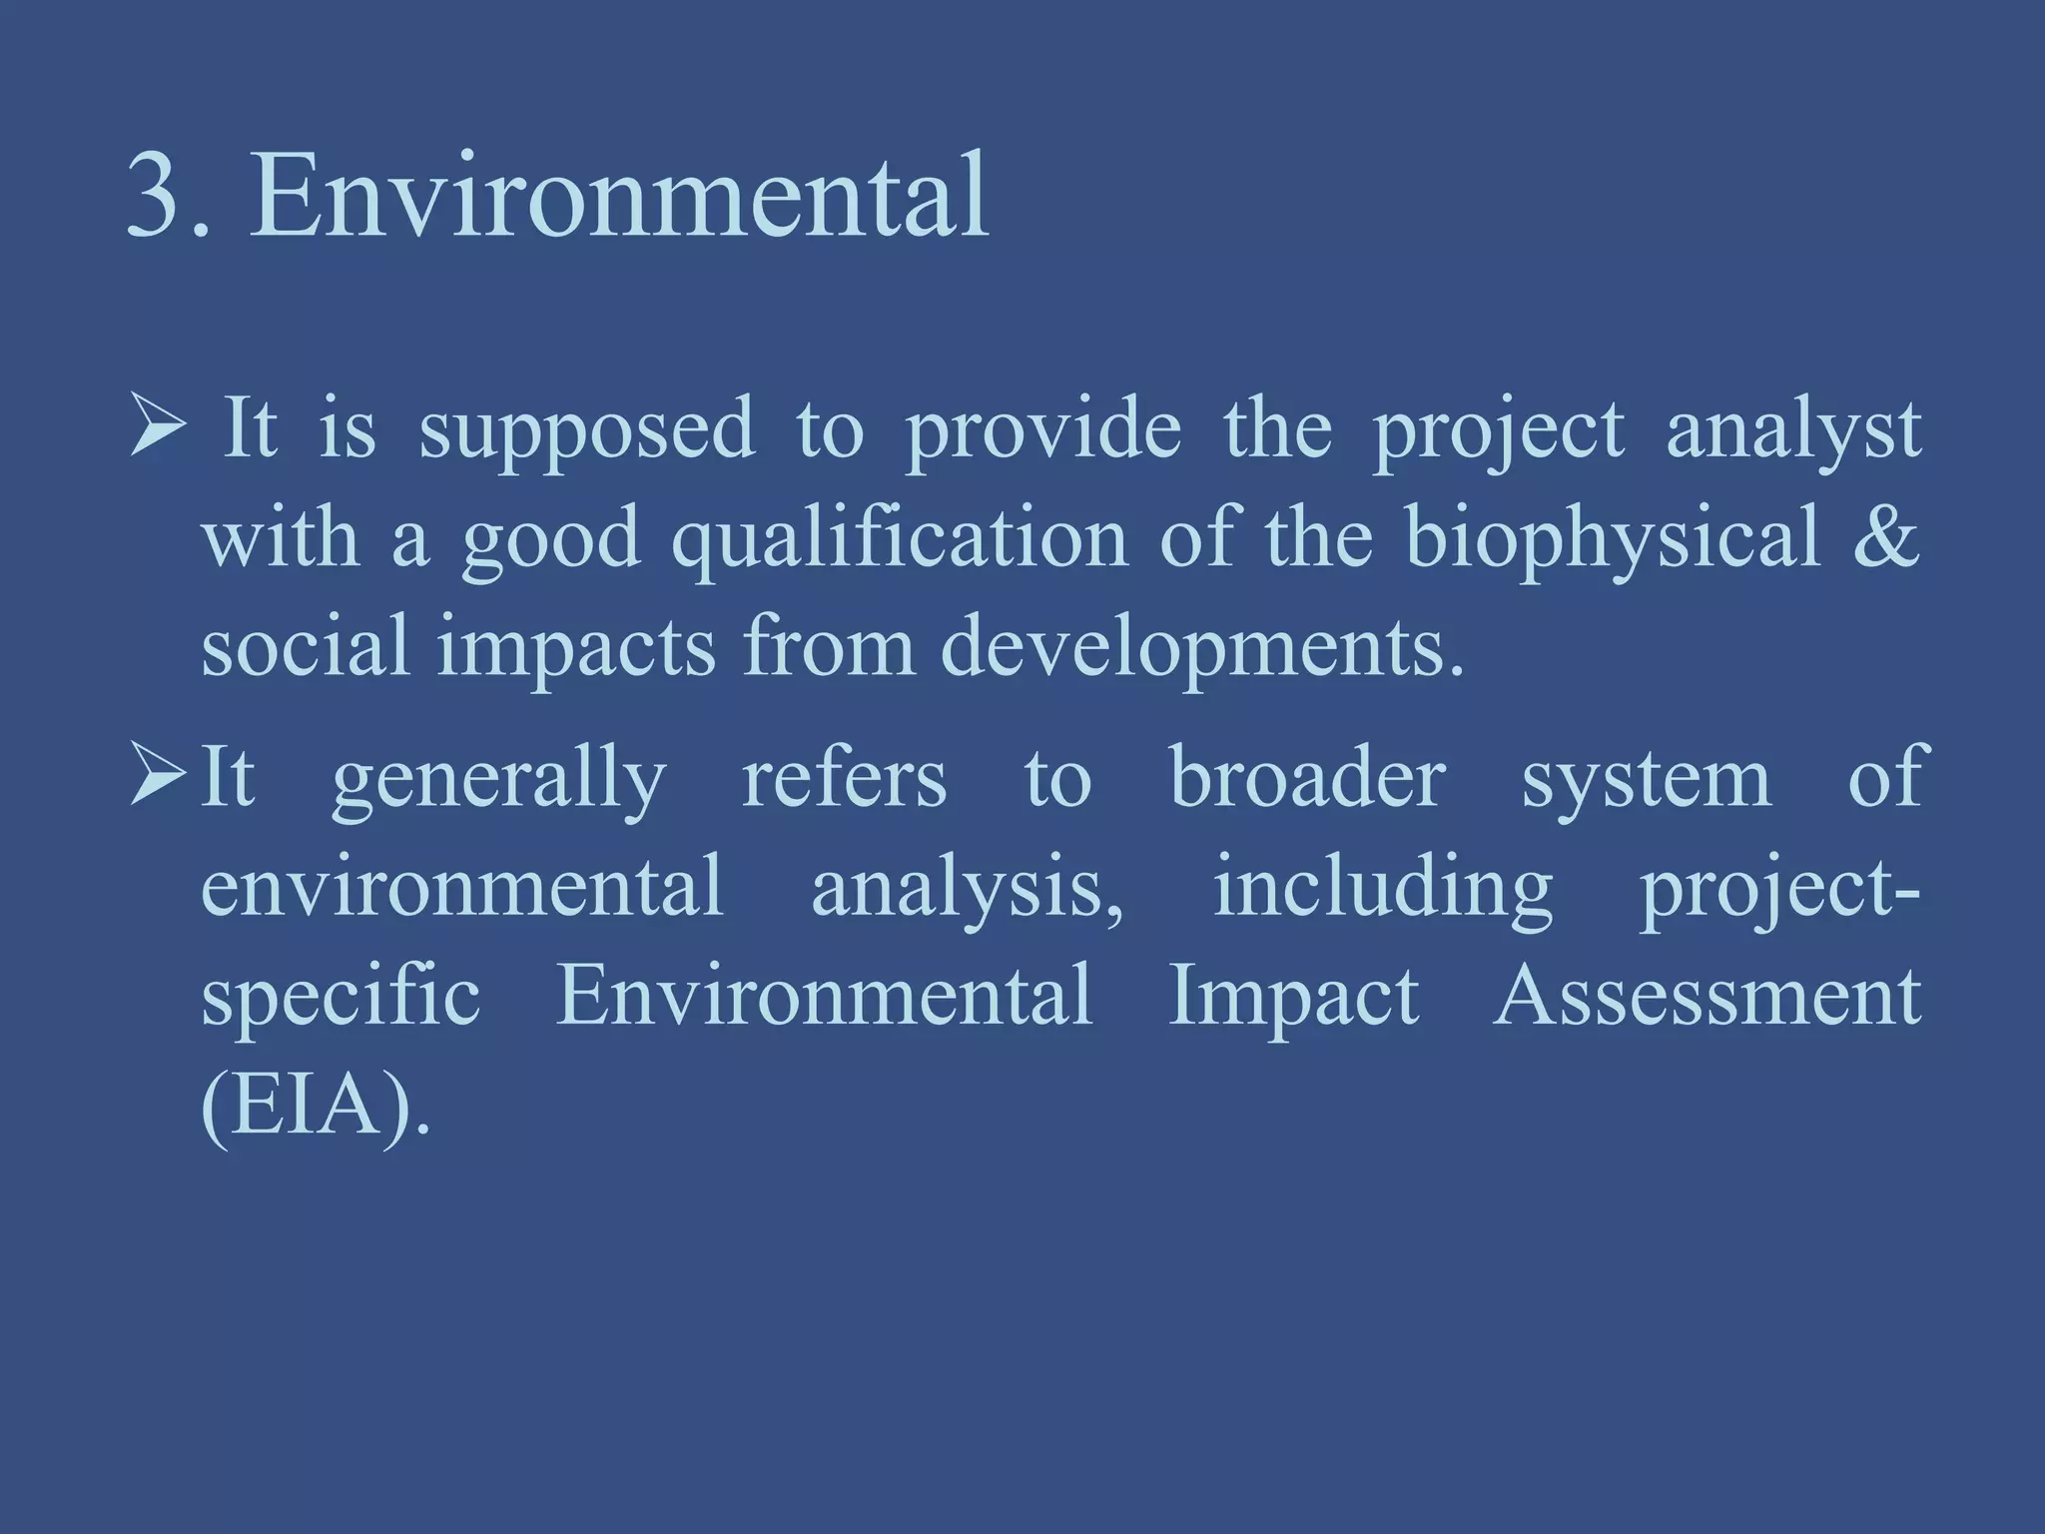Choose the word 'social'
(306, 647)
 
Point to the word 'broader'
(1308, 779)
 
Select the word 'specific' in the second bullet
(341, 998)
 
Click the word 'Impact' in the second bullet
(1294, 998)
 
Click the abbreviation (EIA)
(315, 1106)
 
